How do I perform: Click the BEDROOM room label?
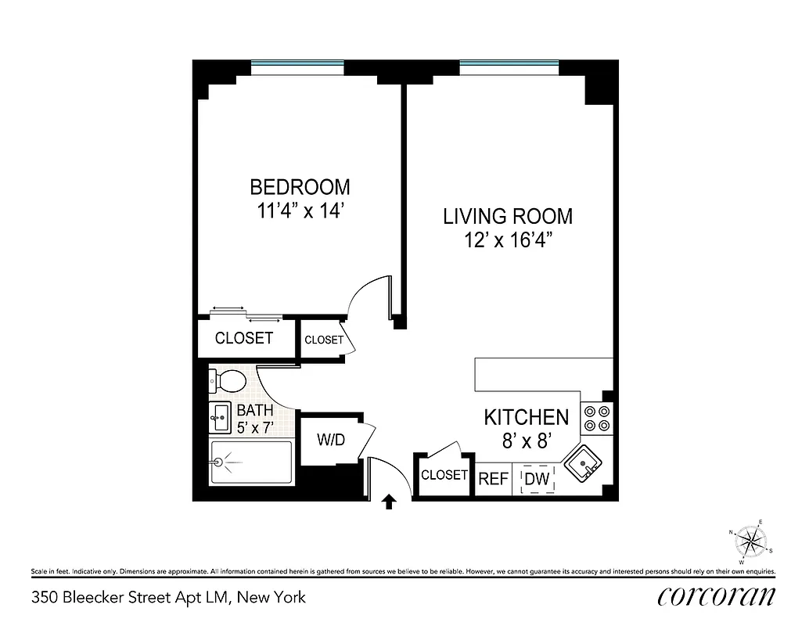[x=300, y=188]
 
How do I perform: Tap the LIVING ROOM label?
[x=508, y=216]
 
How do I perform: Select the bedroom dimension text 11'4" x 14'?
[x=300, y=211]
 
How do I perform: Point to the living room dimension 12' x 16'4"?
[x=508, y=239]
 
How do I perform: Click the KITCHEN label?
[x=526, y=417]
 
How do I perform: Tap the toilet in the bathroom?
[x=228, y=381]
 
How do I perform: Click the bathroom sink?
[x=220, y=416]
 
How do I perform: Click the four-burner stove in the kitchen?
[x=597, y=419]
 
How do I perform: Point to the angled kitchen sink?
[x=584, y=465]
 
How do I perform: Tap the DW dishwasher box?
[x=537, y=479]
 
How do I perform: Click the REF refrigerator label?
[x=493, y=479]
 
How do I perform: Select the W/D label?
[x=330, y=440]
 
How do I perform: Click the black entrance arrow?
[x=388, y=502]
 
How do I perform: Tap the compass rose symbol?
[x=752, y=539]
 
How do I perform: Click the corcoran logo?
[x=717, y=596]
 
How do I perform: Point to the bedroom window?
[x=297, y=63]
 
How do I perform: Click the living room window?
[x=509, y=63]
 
